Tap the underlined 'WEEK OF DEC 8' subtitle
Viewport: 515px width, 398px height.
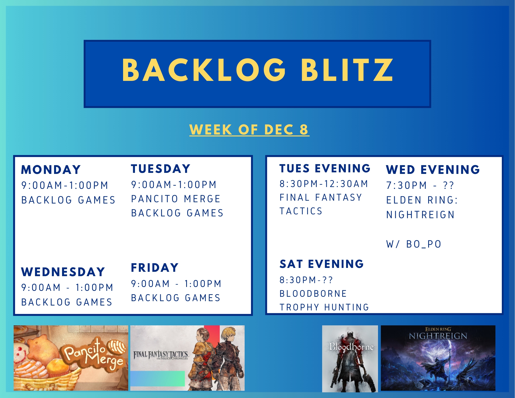tap(249, 130)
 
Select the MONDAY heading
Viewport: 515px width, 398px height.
tap(51, 170)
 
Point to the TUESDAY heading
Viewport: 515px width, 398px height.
tap(161, 169)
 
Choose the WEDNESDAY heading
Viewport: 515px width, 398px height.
tap(63, 272)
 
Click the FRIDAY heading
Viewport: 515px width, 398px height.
tap(155, 268)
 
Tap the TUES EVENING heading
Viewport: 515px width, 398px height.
tap(325, 168)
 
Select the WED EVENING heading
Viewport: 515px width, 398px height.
tap(433, 170)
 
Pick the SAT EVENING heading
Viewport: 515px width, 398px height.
tap(322, 264)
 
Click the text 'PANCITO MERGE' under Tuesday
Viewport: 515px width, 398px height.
tap(176, 199)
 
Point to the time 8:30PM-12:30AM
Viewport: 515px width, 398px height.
tap(324, 184)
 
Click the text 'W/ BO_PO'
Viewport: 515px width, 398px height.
tap(414, 244)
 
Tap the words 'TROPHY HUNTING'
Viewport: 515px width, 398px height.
tap(324, 307)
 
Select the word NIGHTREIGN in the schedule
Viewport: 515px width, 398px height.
tap(420, 215)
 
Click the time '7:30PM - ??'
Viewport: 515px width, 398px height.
tap(420, 185)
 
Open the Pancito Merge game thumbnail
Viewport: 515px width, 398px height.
tap(71, 358)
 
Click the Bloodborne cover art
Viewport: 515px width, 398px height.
tap(350, 359)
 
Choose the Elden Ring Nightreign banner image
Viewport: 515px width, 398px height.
tap(438, 358)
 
